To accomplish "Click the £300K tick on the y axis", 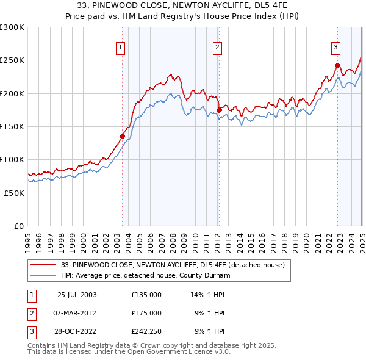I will (x=12, y=27).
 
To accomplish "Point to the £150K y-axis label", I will (x=12, y=126).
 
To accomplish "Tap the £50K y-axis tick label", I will (x=14, y=192).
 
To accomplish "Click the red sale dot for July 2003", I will (x=123, y=137).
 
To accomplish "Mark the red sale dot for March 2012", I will (x=218, y=110).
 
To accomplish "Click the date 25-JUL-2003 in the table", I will (x=77, y=295).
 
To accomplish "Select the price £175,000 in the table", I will (x=146, y=313).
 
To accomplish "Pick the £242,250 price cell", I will (x=146, y=331).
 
